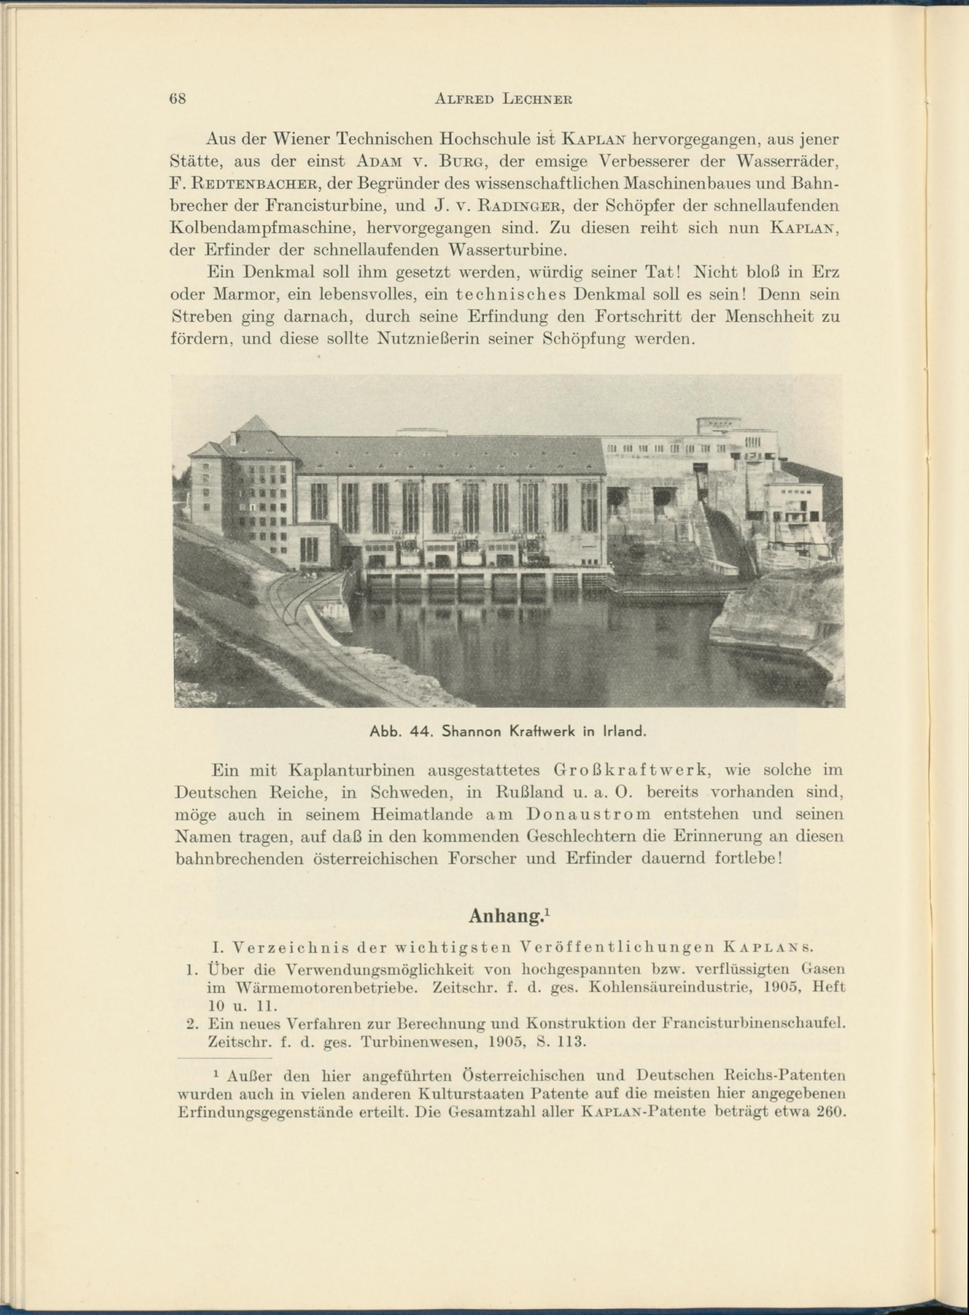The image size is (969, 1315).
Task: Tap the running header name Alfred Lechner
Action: (x=504, y=99)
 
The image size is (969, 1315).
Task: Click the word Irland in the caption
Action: (x=624, y=732)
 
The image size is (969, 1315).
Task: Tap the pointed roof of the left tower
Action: (x=254, y=425)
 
